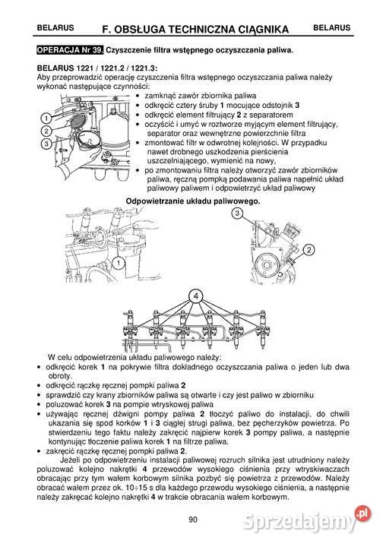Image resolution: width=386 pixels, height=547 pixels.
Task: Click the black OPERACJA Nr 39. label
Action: point(70,51)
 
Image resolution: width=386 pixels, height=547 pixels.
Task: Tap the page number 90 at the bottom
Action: point(192,520)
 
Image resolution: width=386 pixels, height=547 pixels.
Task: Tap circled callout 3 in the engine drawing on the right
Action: point(237,215)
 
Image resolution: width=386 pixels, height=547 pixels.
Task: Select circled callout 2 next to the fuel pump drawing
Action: point(309,250)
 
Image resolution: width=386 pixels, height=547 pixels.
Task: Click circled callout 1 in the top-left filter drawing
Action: point(47,119)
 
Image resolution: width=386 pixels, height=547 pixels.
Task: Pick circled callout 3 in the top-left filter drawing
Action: point(47,143)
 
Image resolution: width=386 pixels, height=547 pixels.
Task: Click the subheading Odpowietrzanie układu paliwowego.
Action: point(192,201)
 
